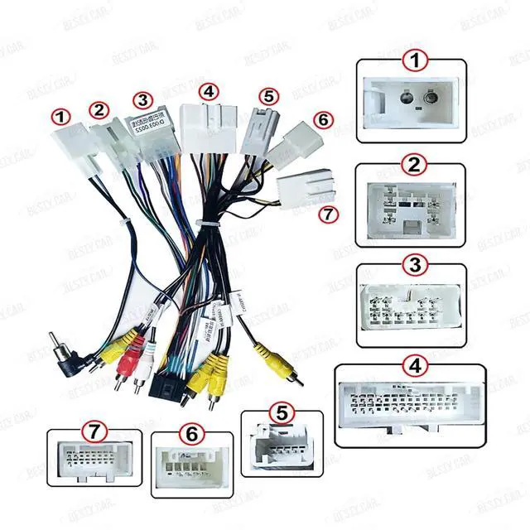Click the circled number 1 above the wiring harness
[x=59, y=116]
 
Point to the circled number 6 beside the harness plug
[x=323, y=119]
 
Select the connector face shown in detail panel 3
[x=407, y=311]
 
